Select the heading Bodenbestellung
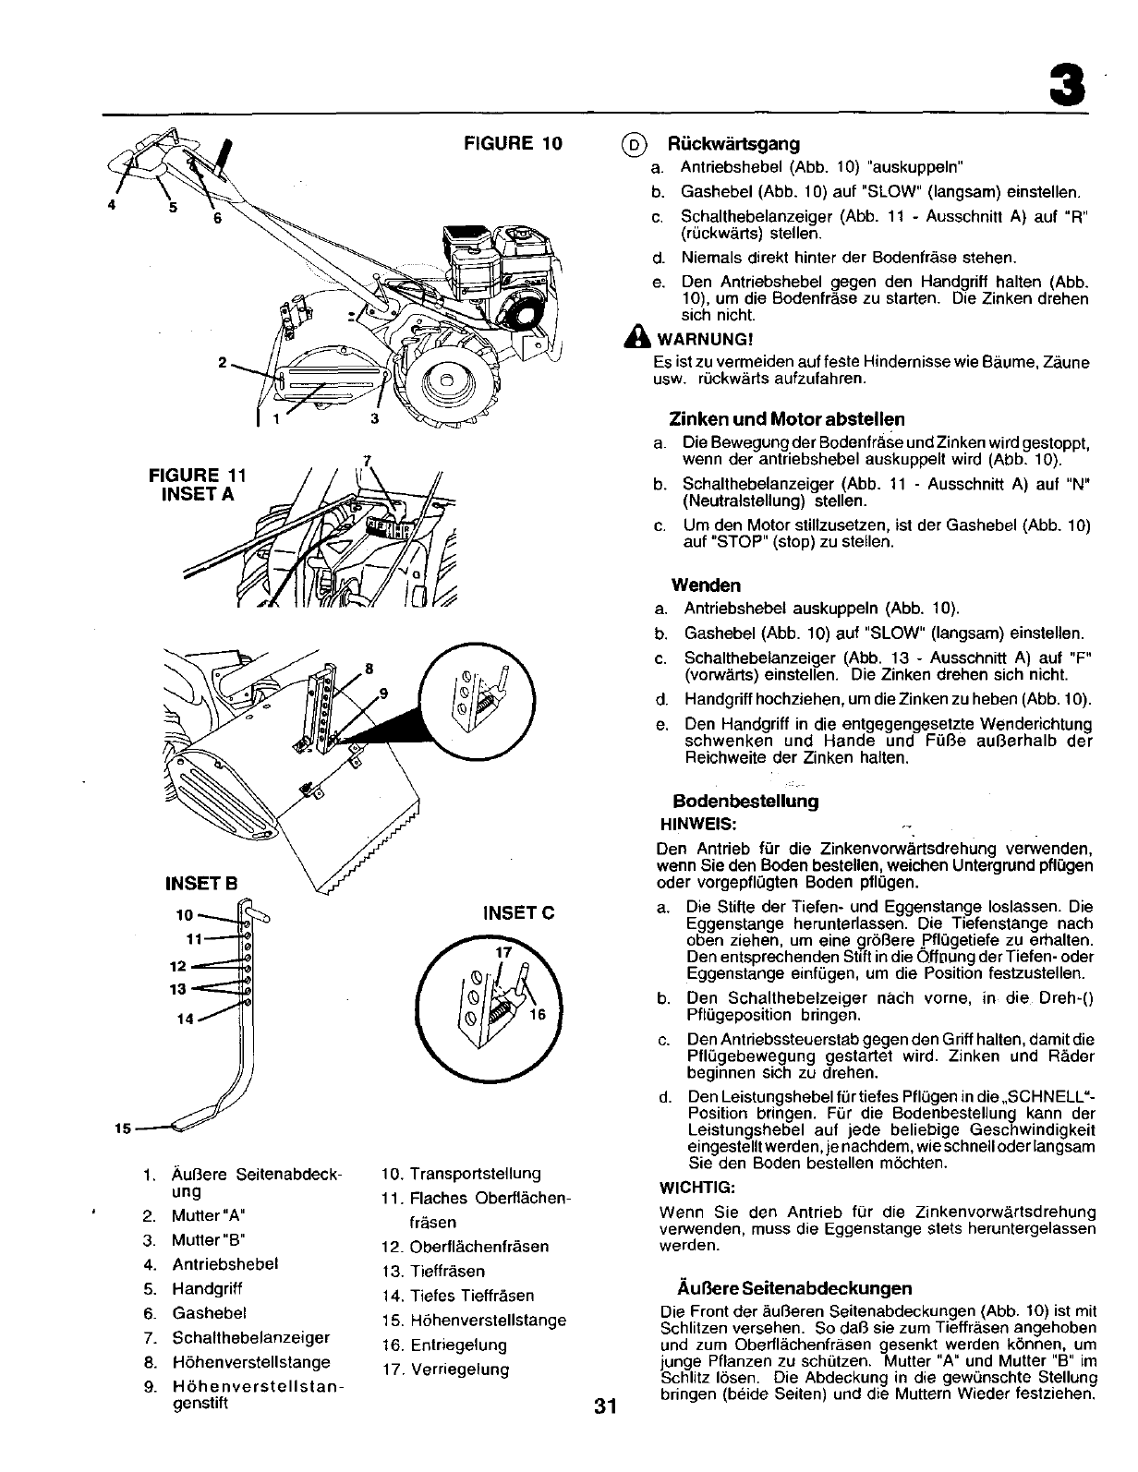coord(746,802)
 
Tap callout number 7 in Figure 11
coord(367,460)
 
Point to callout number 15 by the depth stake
coord(120,1129)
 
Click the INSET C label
coord(518,914)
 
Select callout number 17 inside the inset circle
coord(503,952)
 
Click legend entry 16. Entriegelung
coord(444,1345)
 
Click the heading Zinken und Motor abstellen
coord(787,419)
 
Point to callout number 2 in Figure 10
coord(222,362)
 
